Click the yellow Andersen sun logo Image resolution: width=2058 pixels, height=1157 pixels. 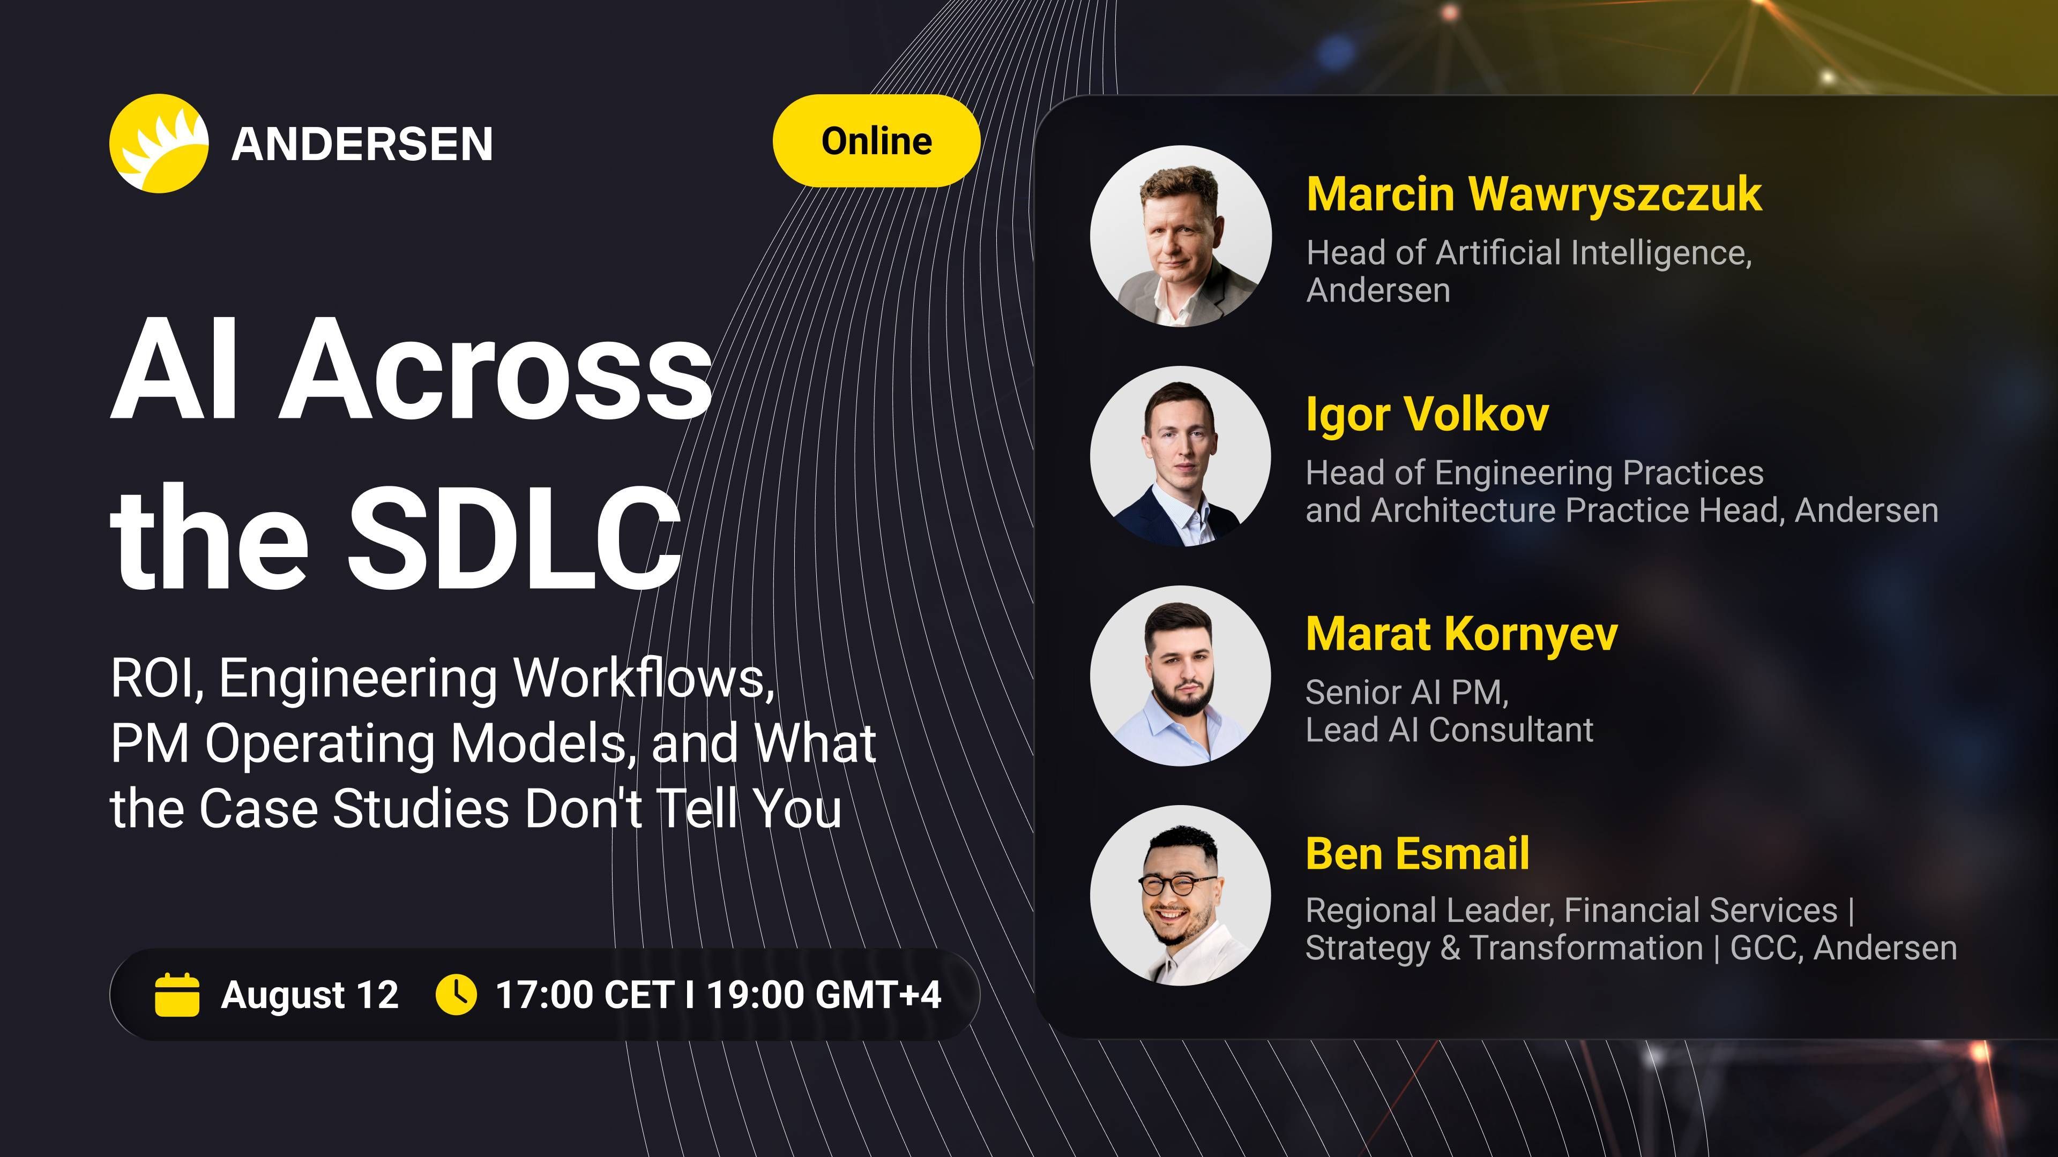click(x=159, y=144)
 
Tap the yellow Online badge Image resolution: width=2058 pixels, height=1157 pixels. click(x=876, y=140)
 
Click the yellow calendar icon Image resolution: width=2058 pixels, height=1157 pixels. click(x=176, y=994)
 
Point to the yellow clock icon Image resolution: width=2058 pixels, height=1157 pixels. click(x=456, y=994)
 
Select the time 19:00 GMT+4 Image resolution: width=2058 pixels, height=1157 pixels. click(x=824, y=995)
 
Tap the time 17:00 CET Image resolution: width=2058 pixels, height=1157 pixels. click(x=585, y=995)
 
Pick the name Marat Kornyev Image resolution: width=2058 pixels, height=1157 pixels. click(x=1461, y=635)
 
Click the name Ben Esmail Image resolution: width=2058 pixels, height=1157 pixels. click(x=1417, y=854)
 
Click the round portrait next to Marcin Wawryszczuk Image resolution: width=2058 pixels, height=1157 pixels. click(x=1181, y=236)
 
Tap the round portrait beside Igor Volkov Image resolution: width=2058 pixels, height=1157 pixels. click(x=1181, y=456)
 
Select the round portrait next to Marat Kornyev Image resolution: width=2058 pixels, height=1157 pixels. click(x=1181, y=675)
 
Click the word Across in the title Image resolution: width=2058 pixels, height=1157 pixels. click(x=495, y=369)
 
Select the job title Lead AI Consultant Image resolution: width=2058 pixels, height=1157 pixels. click(x=1449, y=730)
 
